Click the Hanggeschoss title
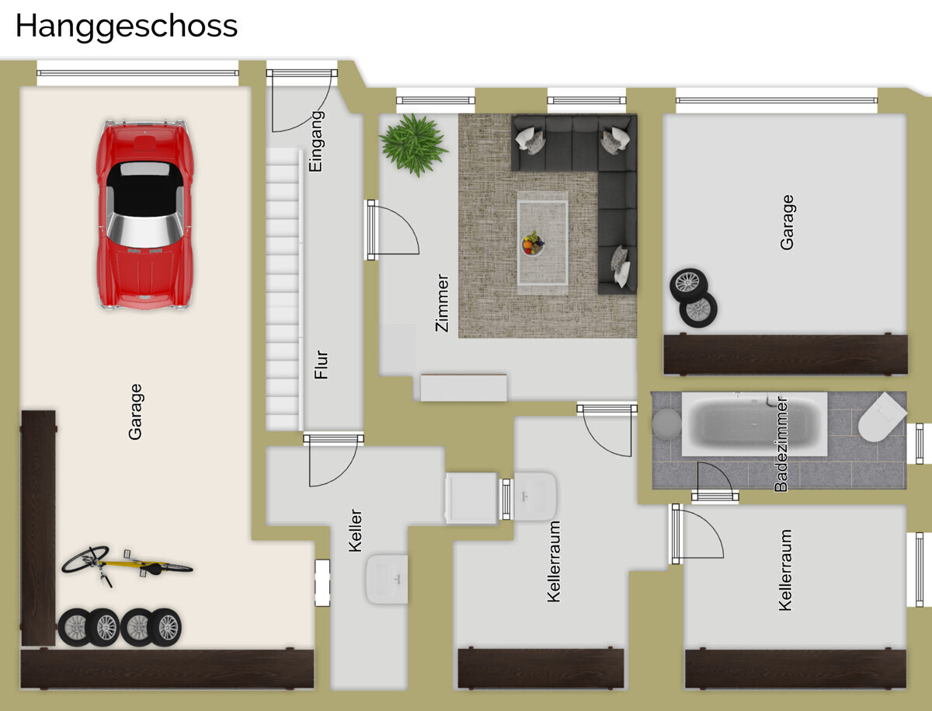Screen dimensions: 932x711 click(x=126, y=27)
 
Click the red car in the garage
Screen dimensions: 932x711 click(x=144, y=214)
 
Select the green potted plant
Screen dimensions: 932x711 click(x=413, y=145)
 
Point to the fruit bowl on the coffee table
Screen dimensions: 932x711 click(x=533, y=244)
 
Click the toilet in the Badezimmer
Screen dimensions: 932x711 click(x=882, y=418)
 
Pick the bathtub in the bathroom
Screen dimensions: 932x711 click(x=754, y=424)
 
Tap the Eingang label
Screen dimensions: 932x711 click(x=316, y=141)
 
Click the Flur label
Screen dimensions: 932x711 click(x=321, y=364)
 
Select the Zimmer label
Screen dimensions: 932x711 click(x=442, y=302)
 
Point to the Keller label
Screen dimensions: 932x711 click(x=355, y=531)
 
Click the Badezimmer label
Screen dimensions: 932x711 click(x=781, y=444)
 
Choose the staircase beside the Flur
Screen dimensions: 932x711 click(x=283, y=289)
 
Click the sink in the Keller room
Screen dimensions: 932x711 click(x=387, y=579)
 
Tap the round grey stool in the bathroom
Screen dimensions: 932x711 click(x=667, y=423)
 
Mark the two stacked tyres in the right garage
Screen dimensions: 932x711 click(x=694, y=298)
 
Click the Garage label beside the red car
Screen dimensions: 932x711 click(x=135, y=412)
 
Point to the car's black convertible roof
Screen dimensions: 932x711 click(x=144, y=189)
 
